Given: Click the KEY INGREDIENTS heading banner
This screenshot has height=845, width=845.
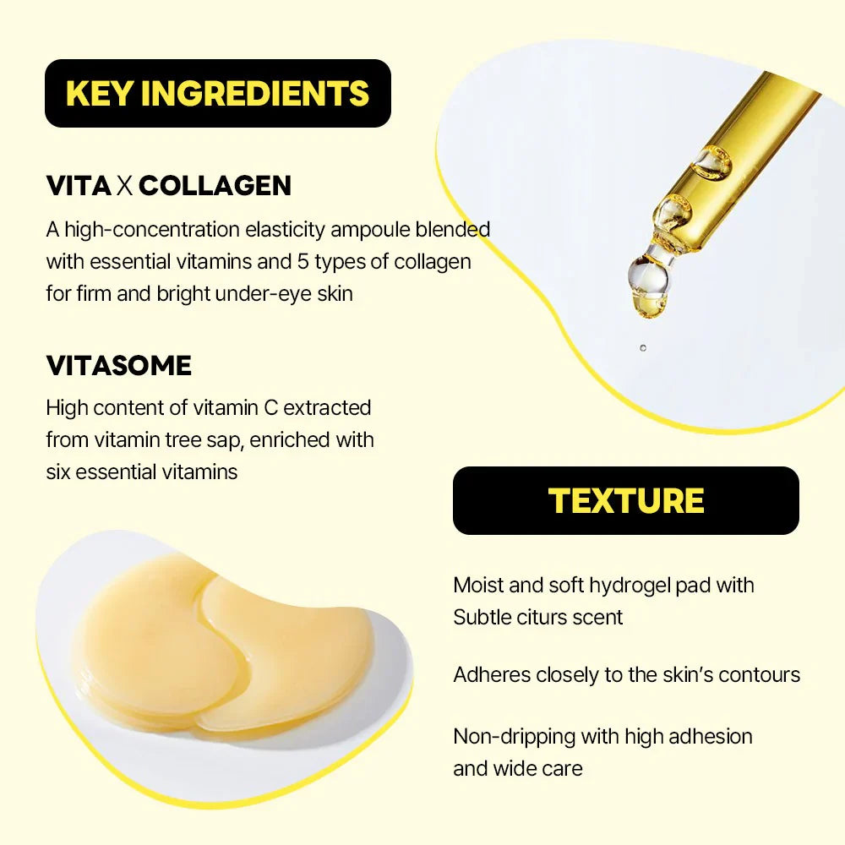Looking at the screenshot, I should (x=217, y=93).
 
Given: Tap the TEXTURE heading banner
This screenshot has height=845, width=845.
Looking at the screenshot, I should (x=625, y=500).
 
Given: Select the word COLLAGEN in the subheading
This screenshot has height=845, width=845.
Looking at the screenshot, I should (x=215, y=186).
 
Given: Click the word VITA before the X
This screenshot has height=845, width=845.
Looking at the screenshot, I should (x=79, y=186).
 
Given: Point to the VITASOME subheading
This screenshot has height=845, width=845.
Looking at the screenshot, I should (x=118, y=366).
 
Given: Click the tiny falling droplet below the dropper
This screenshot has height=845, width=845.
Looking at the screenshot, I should (x=643, y=347).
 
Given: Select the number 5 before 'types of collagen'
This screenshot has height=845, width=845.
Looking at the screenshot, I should (x=304, y=262).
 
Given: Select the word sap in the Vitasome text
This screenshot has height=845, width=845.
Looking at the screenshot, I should (x=243, y=439).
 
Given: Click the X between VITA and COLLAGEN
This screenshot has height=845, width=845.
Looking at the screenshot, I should (x=125, y=186).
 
